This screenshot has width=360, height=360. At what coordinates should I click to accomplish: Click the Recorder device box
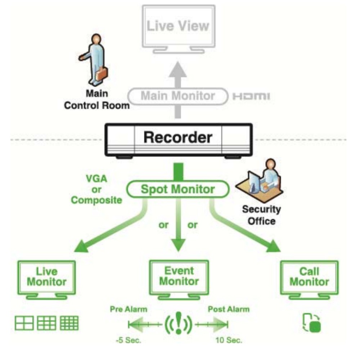click(179, 138)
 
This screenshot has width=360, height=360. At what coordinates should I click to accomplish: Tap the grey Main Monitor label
click(177, 96)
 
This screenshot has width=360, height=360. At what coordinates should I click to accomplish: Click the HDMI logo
click(251, 96)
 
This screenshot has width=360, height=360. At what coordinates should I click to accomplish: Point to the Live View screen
click(178, 26)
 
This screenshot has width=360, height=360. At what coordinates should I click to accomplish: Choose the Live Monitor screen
click(47, 276)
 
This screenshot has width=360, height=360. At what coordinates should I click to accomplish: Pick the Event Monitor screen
click(179, 276)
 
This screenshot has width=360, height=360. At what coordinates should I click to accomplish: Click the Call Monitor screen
click(309, 276)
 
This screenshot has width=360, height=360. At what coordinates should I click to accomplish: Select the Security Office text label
click(261, 215)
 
